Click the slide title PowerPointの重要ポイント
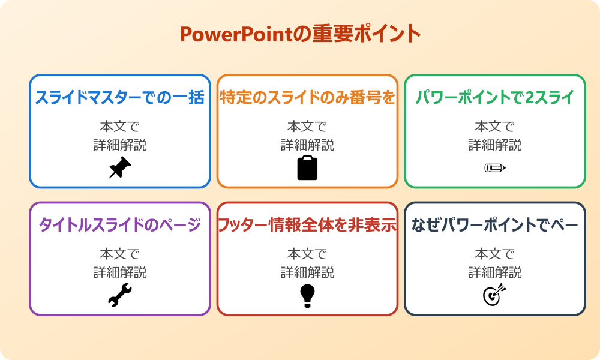click(300, 34)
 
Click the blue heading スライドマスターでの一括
click(120, 97)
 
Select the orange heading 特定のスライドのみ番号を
click(307, 97)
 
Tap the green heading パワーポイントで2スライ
click(495, 97)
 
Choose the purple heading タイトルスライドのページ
click(120, 225)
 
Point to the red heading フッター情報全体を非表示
click(307, 225)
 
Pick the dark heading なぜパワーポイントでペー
click(495, 225)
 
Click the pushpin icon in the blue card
click(120, 167)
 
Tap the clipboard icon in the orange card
click(307, 167)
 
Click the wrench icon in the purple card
click(120, 295)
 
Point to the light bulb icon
click(307, 296)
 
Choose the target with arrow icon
click(495, 295)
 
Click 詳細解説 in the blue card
click(120, 145)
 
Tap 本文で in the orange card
click(307, 127)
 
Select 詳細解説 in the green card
click(495, 145)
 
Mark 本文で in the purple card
click(120, 254)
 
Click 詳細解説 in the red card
click(307, 272)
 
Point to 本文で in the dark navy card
click(495, 254)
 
